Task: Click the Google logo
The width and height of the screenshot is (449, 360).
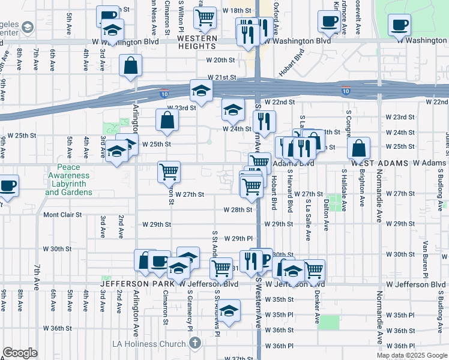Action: pyautogui.click(x=20, y=353)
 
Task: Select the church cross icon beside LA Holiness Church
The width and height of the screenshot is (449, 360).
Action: pyautogui.click(x=194, y=343)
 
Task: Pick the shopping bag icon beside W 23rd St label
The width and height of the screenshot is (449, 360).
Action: pyautogui.click(x=167, y=120)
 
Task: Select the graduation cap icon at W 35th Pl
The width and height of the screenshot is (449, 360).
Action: pyautogui.click(x=228, y=310)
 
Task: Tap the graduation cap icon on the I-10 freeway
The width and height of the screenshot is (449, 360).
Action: pyautogui.click(x=201, y=91)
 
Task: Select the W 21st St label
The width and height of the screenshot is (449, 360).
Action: pyautogui.click(x=222, y=78)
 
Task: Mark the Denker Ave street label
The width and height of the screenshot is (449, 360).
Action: pyautogui.click(x=316, y=305)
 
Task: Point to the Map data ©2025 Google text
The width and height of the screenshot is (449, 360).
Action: pyautogui.click(x=411, y=355)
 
